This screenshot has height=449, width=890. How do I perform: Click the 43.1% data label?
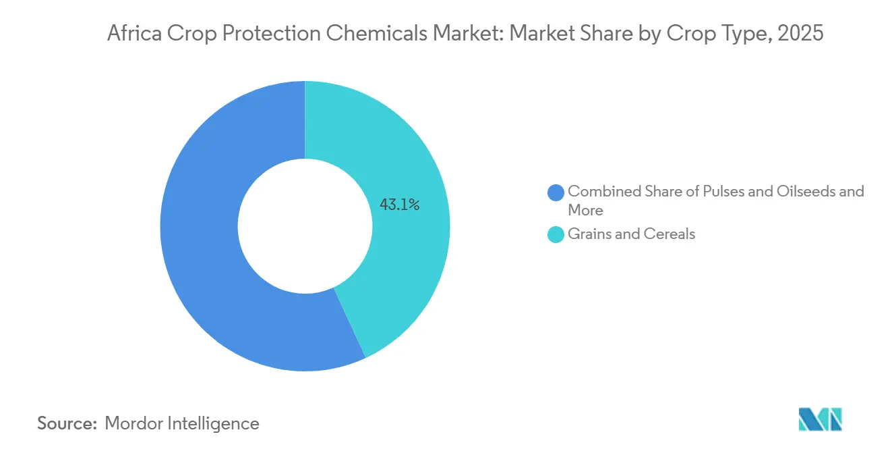(400, 205)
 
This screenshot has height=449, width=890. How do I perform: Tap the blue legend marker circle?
(556, 192)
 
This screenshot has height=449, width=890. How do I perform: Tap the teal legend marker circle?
(556, 234)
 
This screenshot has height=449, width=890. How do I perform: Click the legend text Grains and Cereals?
(631, 234)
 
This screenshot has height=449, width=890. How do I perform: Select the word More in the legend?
(585, 210)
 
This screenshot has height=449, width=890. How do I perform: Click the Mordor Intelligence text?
(182, 423)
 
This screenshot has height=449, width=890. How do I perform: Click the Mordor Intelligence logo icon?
(820, 419)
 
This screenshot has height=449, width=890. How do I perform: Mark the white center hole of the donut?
(305, 226)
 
